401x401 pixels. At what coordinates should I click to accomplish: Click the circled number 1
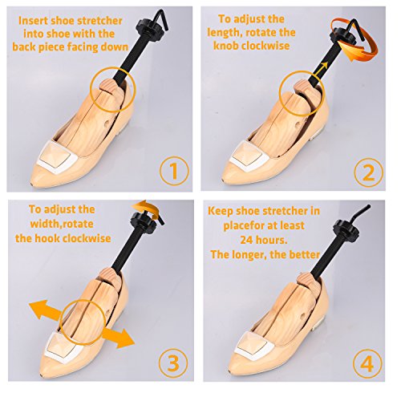coord(174,172)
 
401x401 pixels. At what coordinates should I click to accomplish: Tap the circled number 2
coord(368,172)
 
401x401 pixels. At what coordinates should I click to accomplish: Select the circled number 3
coord(173,363)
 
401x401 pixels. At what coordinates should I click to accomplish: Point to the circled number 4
coord(367,363)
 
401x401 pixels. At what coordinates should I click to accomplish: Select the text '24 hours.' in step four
coord(264,240)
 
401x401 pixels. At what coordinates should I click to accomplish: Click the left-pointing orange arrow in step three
coord(46,310)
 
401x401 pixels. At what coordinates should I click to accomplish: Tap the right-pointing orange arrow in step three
coord(118,338)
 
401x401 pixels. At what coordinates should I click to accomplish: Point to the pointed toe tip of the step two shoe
coord(224,180)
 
